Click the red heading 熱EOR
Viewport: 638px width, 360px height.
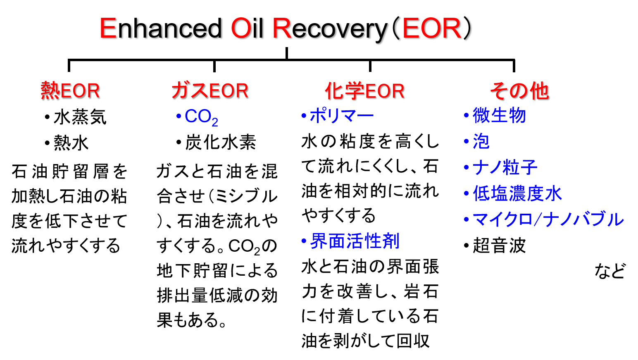click(x=70, y=91)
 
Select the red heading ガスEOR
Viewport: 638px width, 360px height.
click(x=210, y=91)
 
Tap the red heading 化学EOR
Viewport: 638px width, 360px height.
click(x=365, y=91)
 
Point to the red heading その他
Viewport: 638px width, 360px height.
click(x=519, y=91)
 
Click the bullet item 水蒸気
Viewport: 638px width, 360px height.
click(x=76, y=117)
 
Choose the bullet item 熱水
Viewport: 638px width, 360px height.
click(x=67, y=143)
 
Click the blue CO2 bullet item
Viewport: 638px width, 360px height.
click(x=197, y=117)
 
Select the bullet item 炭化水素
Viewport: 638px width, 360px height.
click(x=216, y=142)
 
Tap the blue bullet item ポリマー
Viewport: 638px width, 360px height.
click(x=338, y=116)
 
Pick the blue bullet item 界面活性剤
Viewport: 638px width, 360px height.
click(x=351, y=241)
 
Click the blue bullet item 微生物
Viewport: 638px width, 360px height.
click(x=495, y=115)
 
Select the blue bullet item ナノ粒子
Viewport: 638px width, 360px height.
click(x=500, y=167)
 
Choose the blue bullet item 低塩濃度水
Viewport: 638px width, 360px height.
click(x=513, y=193)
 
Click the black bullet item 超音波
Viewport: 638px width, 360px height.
click(x=495, y=245)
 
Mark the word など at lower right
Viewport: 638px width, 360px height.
click(x=610, y=271)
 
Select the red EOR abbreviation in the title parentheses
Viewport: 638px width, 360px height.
click(x=432, y=28)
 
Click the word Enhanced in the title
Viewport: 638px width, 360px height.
click(x=161, y=28)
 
